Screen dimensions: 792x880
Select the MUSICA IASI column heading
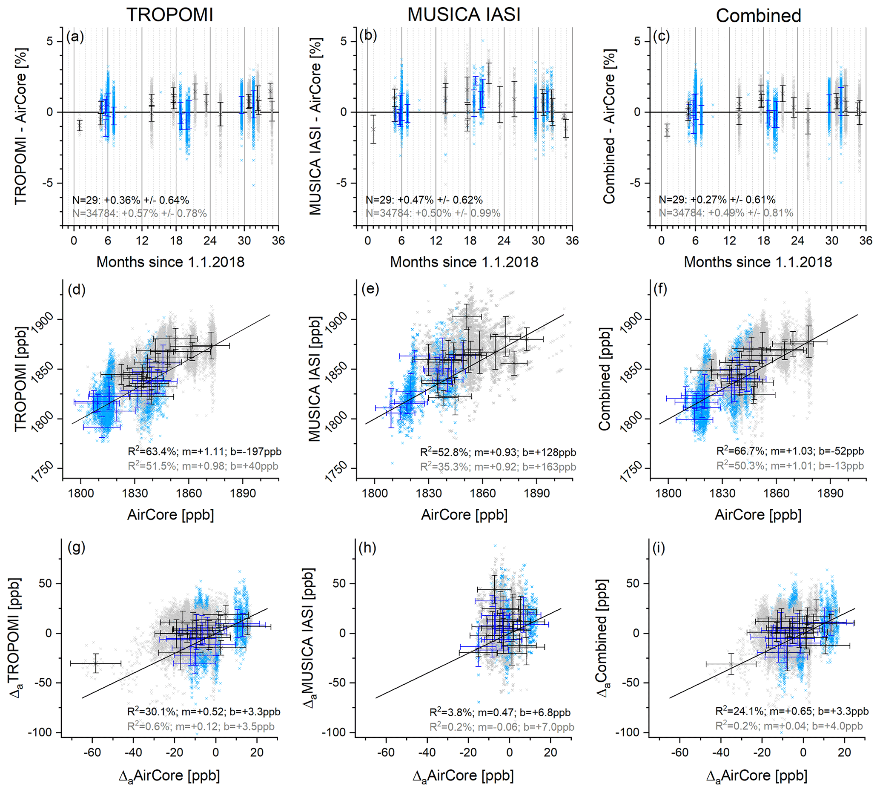(x=464, y=15)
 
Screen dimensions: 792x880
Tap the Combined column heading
(x=758, y=16)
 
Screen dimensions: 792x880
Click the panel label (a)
(x=75, y=37)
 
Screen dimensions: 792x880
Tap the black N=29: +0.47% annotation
(x=424, y=200)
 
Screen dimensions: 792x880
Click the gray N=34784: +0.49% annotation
(x=725, y=213)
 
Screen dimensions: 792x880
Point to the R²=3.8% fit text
(x=500, y=712)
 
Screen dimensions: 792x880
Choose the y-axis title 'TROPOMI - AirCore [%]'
(x=21, y=126)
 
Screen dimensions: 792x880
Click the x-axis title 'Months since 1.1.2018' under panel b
(x=464, y=262)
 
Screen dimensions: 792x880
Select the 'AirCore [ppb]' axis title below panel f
(x=758, y=515)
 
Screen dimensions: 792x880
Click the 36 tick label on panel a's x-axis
(x=278, y=241)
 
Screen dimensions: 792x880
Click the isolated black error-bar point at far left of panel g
(x=96, y=663)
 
